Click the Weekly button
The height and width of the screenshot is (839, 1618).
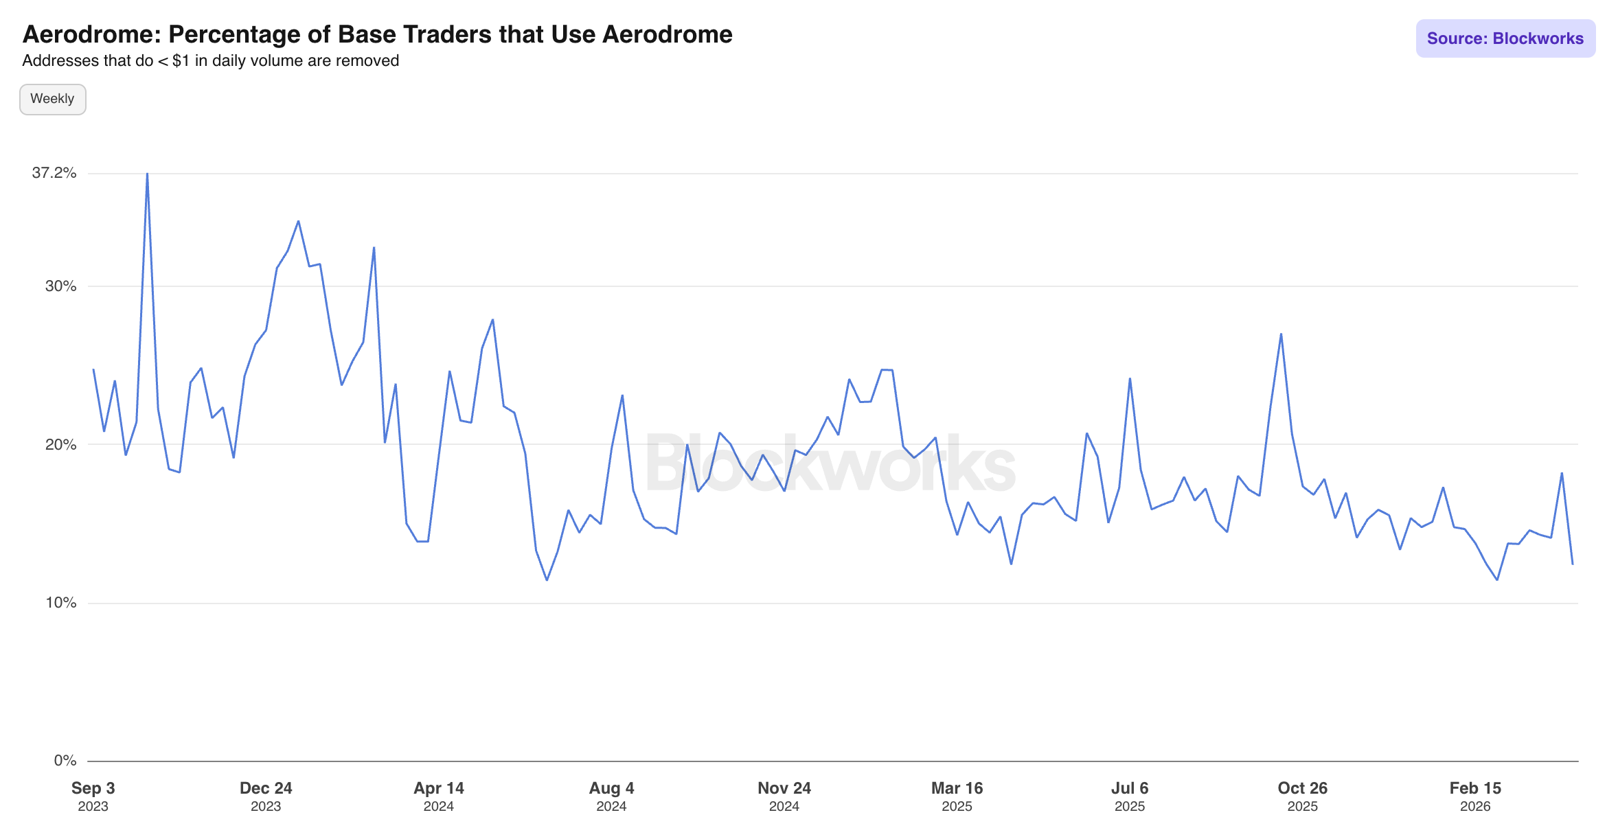click(x=52, y=99)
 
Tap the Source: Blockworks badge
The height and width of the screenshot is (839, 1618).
click(x=1505, y=38)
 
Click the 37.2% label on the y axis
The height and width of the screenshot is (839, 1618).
click(x=54, y=173)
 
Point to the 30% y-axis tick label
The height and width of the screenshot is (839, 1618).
click(x=60, y=286)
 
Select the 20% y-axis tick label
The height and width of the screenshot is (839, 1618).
click(x=60, y=445)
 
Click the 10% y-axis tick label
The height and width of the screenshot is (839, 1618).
click(x=60, y=603)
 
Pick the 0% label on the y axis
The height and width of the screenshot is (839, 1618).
click(x=65, y=761)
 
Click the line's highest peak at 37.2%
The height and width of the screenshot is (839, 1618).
click(x=147, y=174)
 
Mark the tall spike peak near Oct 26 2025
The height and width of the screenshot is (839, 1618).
click(x=1281, y=334)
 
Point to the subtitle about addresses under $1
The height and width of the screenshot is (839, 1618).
click(x=210, y=61)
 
